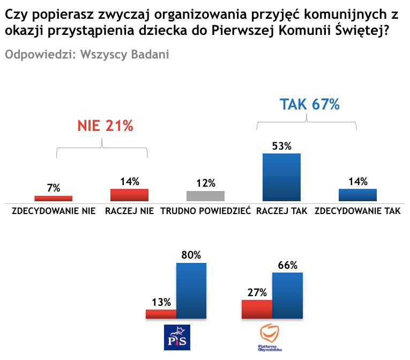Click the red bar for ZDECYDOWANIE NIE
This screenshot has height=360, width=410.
53,198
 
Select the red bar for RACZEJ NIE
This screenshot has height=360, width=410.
129,195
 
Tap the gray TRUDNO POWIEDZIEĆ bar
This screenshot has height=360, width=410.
205,196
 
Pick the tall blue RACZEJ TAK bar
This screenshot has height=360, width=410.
281,177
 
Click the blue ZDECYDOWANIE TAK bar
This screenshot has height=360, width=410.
357,195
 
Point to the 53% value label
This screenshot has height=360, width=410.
281,146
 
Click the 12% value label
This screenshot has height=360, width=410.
205,183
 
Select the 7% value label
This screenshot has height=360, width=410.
53,188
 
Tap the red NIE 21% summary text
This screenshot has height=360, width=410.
105,126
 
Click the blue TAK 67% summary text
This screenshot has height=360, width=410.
310,104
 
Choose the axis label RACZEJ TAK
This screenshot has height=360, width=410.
281,211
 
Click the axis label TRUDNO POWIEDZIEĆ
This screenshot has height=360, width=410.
205,211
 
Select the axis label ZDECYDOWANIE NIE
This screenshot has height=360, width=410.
54,211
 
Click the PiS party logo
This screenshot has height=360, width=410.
177,337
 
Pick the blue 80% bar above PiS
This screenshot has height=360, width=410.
191,290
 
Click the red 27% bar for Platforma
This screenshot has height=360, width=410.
257,309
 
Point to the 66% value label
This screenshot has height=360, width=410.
287,265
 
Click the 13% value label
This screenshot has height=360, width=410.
161,302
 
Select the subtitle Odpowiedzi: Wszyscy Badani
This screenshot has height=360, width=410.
87,55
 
